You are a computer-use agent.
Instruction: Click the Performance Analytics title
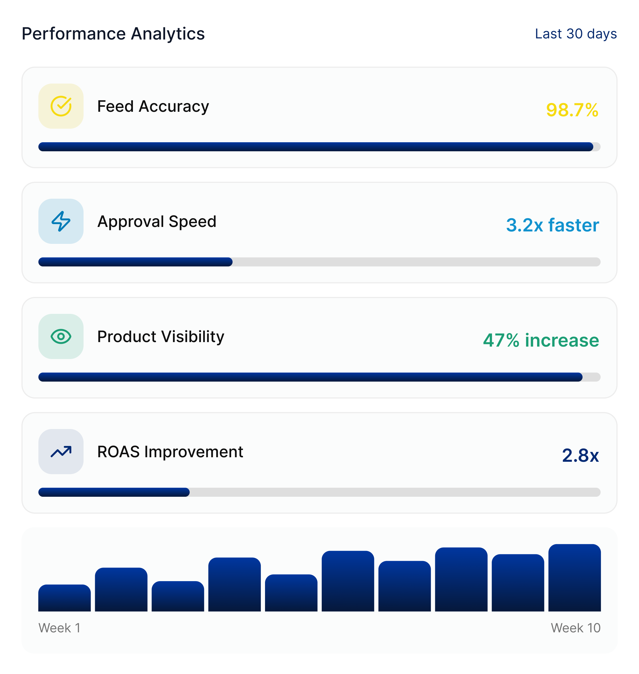113,34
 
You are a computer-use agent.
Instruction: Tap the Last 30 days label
576,34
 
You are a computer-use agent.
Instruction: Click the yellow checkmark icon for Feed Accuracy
61,106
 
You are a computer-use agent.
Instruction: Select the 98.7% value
572,110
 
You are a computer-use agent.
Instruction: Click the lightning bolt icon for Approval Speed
61,221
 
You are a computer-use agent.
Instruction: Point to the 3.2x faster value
552,225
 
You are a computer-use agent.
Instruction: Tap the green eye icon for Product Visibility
61,336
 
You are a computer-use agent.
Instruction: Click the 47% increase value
540,340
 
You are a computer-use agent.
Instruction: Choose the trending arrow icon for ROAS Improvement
61,452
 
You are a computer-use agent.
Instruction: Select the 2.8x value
580,455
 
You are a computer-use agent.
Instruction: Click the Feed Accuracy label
153,106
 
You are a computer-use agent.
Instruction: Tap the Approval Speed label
157,221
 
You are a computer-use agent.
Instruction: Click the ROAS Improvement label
170,452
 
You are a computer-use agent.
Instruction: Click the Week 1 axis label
59,628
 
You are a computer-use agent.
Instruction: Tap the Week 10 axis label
575,628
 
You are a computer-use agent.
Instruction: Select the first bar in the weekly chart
64,598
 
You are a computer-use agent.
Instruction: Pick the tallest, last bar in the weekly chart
574,578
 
